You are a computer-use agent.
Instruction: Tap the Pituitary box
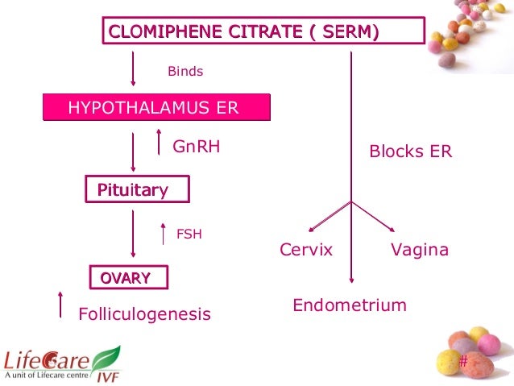coord(137,190)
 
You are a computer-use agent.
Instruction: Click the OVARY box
coord(129,278)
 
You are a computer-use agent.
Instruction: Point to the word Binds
coord(185,72)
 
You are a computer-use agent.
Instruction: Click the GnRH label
coord(197,147)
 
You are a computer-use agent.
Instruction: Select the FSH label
coord(189,235)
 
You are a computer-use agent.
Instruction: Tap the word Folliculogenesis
coord(144,313)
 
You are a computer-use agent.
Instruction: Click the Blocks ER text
coord(410,151)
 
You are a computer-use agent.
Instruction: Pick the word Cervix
coord(306,250)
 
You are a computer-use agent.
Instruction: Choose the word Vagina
coord(419,250)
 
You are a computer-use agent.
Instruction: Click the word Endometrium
coord(350,305)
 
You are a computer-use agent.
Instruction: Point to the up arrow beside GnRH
coord(160,143)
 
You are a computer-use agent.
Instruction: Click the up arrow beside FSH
coord(163,233)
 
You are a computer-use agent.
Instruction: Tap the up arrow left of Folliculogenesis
coord(60,306)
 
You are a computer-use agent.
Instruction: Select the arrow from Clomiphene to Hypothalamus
coord(133,69)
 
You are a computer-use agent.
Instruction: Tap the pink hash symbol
coord(462,360)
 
